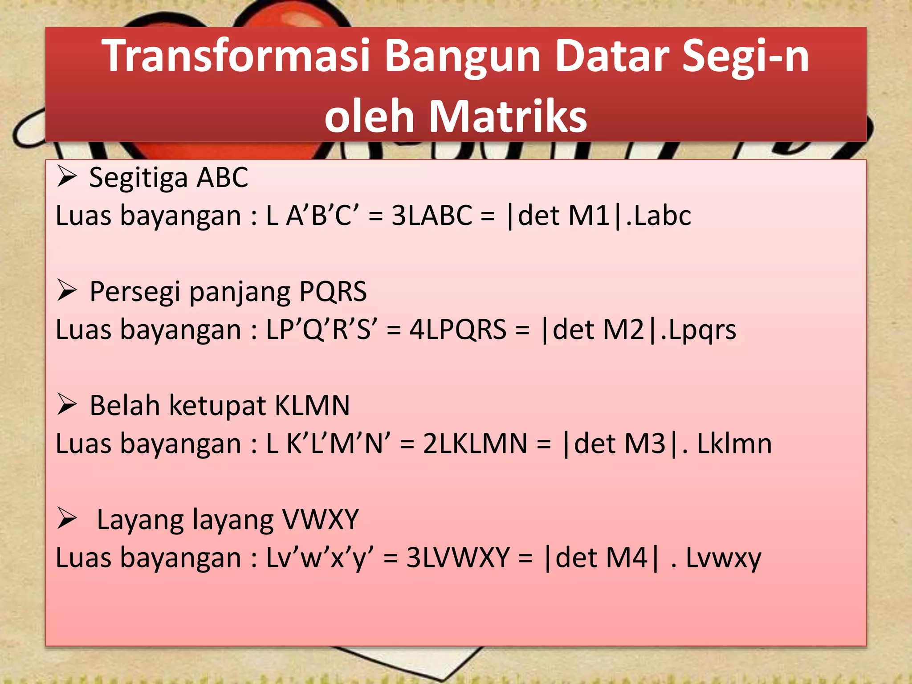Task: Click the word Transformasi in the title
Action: point(236,56)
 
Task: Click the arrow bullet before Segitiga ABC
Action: point(67,177)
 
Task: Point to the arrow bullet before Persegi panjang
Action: point(67,291)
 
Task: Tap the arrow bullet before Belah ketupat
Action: point(67,405)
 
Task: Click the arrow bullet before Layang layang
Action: point(67,519)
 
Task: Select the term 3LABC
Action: point(432,216)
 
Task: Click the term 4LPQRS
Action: point(458,330)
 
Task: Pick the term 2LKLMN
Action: point(475,444)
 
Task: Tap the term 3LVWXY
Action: point(458,558)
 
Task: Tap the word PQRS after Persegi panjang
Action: point(333,291)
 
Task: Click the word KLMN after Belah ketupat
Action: point(312,405)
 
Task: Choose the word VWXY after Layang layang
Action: point(320,519)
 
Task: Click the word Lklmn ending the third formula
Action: point(734,444)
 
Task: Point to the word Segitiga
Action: point(138,178)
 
